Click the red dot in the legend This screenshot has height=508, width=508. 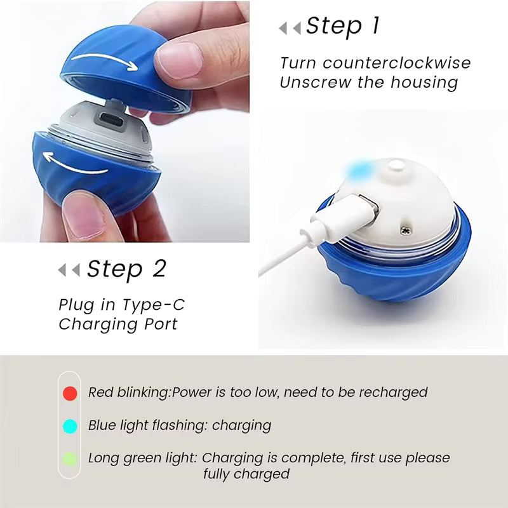(x=70, y=393)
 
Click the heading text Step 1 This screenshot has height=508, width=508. (x=342, y=26)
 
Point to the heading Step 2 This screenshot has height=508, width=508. (x=126, y=269)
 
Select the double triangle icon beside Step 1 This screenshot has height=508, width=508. (x=290, y=28)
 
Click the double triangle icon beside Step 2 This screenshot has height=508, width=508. (x=69, y=271)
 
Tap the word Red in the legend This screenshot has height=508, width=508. (x=100, y=392)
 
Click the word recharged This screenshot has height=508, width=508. (x=393, y=392)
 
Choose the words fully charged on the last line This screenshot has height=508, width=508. (x=246, y=474)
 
